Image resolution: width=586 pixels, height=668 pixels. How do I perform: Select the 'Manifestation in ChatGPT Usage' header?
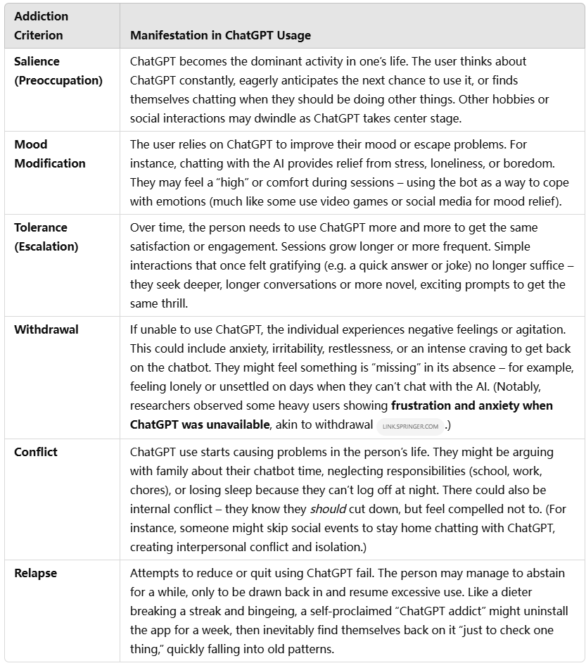220,35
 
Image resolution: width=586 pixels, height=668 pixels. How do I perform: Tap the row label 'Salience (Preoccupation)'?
58,71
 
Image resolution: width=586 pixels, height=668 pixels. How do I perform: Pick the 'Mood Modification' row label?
49,153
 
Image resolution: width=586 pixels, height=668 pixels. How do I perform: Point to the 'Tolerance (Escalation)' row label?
46,237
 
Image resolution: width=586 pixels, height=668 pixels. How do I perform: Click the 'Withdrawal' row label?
46,329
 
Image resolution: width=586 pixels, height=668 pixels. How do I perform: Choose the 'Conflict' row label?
35,451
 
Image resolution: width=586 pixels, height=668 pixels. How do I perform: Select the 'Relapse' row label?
35,573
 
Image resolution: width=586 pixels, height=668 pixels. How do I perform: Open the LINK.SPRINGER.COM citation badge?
409,426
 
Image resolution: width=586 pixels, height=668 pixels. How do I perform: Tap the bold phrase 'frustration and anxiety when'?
472,405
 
